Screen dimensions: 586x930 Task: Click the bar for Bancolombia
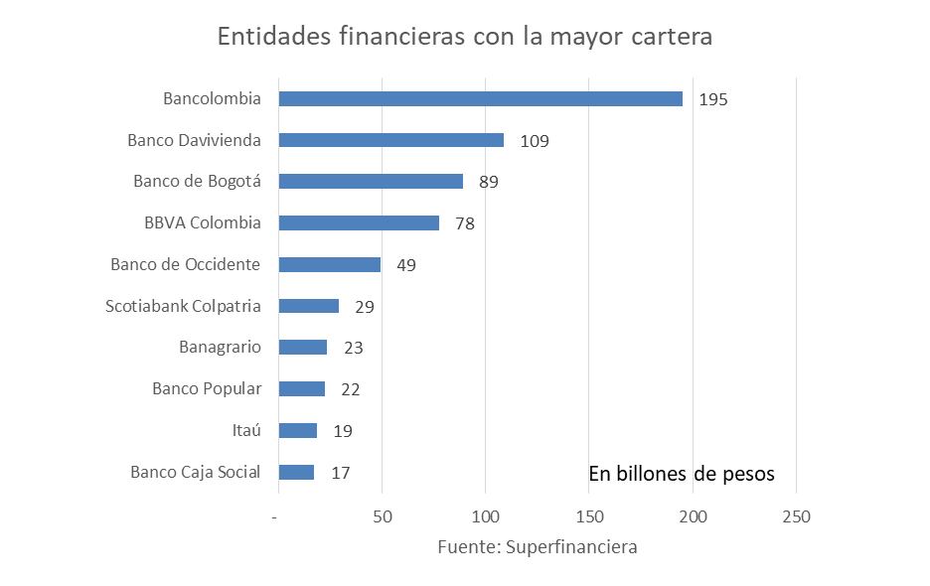coord(480,98)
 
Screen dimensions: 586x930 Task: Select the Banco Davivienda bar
coord(390,140)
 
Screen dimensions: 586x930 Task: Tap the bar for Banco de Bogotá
coord(371,182)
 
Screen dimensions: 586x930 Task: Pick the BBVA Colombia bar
coord(359,223)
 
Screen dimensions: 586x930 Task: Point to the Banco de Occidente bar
coord(329,265)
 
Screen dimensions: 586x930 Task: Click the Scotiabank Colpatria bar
coord(308,306)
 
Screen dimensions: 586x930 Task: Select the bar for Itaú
coord(297,430)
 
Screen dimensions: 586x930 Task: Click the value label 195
coord(713,99)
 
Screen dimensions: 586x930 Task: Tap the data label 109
coord(535,141)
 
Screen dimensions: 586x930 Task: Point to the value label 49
coord(405,265)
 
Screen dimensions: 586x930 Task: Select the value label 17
coord(340,473)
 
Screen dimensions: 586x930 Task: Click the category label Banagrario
coord(220,347)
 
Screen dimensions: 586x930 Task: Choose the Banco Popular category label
coord(207,388)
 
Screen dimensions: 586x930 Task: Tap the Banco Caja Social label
coord(195,472)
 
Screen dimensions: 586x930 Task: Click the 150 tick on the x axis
coord(589,516)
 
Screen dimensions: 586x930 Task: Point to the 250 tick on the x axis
coord(796,516)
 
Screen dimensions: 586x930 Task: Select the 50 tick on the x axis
coord(383,516)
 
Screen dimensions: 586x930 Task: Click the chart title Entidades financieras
coord(465,37)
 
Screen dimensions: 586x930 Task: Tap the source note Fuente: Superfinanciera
coord(538,547)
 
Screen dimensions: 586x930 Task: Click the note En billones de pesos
coord(681,474)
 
